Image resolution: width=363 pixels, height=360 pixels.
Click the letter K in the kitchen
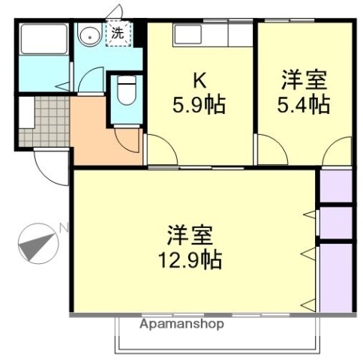click(199, 79)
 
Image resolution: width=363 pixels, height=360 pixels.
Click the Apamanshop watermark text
click(181, 325)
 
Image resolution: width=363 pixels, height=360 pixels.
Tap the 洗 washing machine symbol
click(118, 34)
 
